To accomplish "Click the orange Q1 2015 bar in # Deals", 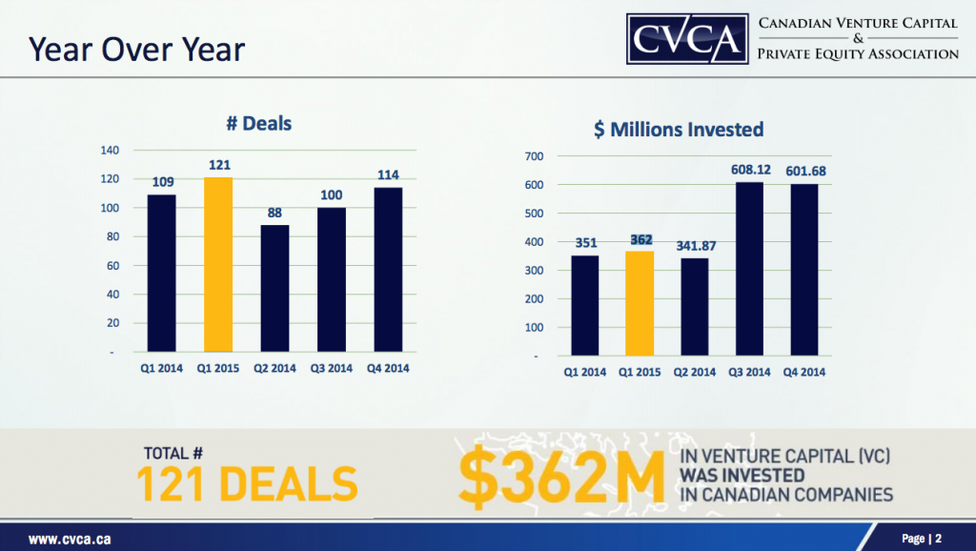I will pyautogui.click(x=218, y=264).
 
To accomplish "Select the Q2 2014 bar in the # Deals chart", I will pyautogui.click(x=274, y=288).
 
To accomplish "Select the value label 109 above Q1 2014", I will pyautogui.click(x=163, y=183).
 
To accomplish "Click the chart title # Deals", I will pyautogui.click(x=258, y=124).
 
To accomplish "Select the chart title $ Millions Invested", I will pyautogui.click(x=678, y=129).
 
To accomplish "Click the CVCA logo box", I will pyautogui.click(x=686, y=37).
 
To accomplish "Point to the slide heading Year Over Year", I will pyautogui.click(x=136, y=50).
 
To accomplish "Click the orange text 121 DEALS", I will pyautogui.click(x=247, y=484).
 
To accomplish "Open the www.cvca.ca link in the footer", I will pyautogui.click(x=69, y=539).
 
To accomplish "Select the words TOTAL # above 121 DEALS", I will pyautogui.click(x=175, y=453).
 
